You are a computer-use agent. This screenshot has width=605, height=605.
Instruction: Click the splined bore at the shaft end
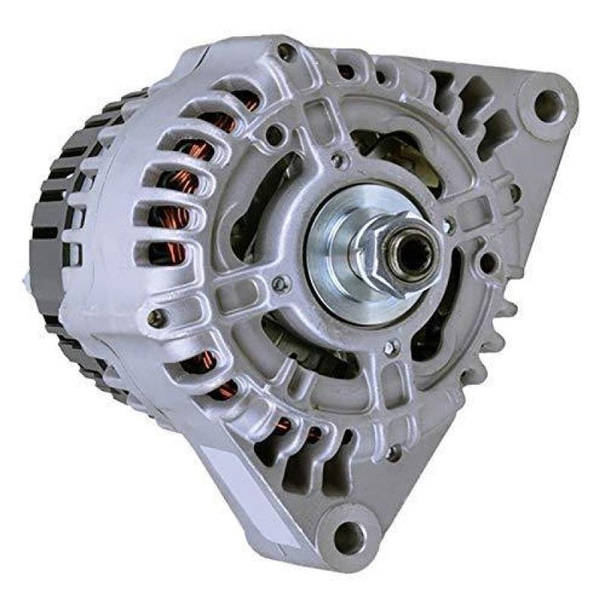coord(413,255)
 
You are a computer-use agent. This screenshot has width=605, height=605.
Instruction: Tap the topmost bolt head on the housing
coord(286,52)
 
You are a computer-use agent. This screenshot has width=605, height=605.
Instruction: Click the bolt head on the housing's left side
coord(157,318)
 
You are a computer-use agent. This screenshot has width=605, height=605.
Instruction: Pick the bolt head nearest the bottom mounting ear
coord(394,453)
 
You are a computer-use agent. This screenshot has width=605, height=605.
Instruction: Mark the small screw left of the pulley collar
coord(281,284)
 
